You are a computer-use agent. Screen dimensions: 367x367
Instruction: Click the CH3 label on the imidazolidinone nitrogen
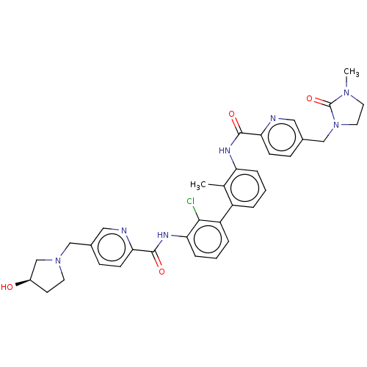[x=352, y=72]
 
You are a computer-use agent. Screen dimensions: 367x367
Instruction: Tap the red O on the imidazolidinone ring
[x=310, y=98]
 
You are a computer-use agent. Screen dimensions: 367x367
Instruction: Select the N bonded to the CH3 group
[x=346, y=92]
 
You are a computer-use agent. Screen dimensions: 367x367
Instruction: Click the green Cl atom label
[x=190, y=201]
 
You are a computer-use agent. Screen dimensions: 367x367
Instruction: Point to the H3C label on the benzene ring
[x=198, y=185]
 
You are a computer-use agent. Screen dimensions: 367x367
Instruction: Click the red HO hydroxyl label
[x=7, y=287]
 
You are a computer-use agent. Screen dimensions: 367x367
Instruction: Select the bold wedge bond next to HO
[x=23, y=282]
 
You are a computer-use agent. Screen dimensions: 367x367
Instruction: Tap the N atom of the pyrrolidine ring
[x=58, y=261]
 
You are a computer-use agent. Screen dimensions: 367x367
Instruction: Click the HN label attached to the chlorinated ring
[x=163, y=235]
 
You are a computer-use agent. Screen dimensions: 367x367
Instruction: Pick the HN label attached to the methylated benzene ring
[x=225, y=150]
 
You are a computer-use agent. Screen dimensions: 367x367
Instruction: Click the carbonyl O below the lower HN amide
[x=161, y=272]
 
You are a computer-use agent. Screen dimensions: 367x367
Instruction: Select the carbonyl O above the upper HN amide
[x=231, y=114]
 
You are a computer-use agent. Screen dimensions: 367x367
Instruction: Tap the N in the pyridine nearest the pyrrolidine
[x=124, y=230]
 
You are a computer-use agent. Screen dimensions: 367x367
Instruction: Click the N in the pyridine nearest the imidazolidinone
[x=273, y=118]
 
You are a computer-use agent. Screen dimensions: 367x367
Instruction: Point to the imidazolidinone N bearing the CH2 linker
[x=336, y=125]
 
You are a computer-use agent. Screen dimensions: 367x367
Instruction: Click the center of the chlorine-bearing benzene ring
[x=208, y=239]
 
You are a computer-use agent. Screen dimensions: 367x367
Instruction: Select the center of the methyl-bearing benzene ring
[x=245, y=189]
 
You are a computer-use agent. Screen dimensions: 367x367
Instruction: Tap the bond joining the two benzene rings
[x=226, y=214]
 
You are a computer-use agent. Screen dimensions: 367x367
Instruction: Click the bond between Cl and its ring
[x=196, y=213]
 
